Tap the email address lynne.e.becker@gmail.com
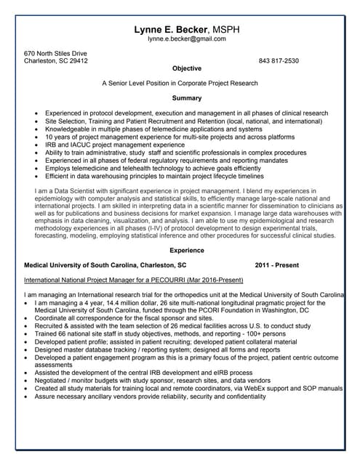tap(187, 39)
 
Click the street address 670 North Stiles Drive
tap(55, 53)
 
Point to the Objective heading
tap(187, 68)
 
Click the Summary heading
tap(187, 97)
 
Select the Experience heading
tap(187, 250)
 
